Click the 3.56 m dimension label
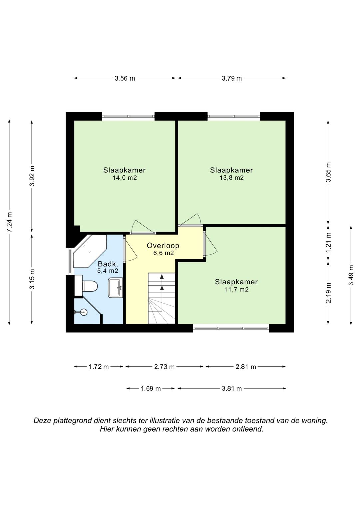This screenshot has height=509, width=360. pyautogui.click(x=125, y=78)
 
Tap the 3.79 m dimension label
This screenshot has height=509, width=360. pyautogui.click(x=232, y=78)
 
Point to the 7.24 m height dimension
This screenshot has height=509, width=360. pyautogui.click(x=9, y=222)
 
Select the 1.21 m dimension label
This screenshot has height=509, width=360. pyautogui.click(x=328, y=243)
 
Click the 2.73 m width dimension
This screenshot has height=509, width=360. pyautogui.click(x=164, y=367)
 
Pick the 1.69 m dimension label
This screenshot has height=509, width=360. pyautogui.click(x=151, y=389)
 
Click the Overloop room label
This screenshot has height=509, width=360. pyautogui.click(x=163, y=245)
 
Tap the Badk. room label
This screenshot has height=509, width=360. pyautogui.click(x=108, y=264)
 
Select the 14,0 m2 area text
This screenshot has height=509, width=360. pyautogui.click(x=125, y=178)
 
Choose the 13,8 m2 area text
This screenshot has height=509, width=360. pyautogui.click(x=231, y=178)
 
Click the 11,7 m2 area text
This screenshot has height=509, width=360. pyautogui.click(x=236, y=289)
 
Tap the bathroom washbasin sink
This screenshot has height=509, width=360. pyautogui.click(x=115, y=288)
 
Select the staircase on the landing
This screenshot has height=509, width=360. pyautogui.click(x=162, y=298)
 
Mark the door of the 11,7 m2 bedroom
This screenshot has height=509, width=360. pyautogui.click(x=210, y=244)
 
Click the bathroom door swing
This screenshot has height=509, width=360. pyautogui.click(x=131, y=249)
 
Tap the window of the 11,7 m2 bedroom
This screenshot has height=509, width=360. pyautogui.click(x=231, y=328)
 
